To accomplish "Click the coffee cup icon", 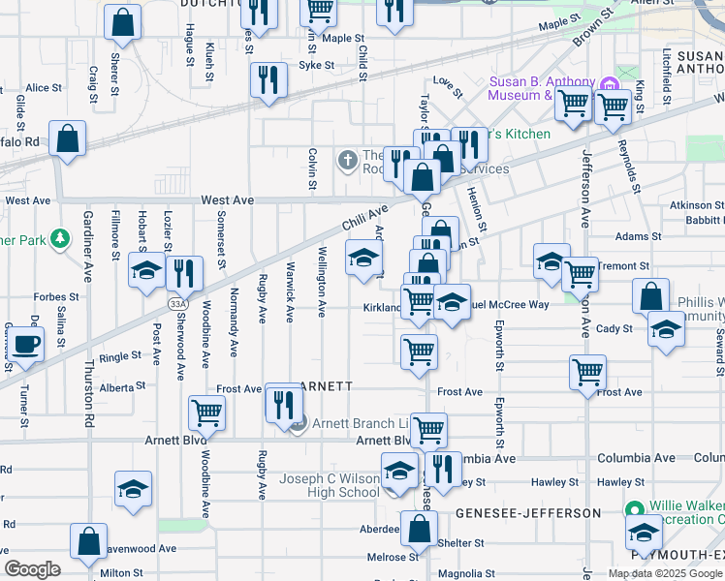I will [25, 342].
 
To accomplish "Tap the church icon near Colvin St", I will [347, 159].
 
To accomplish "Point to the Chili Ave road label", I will [364, 218].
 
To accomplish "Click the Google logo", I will [33, 569].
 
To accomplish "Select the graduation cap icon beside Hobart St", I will [146, 271].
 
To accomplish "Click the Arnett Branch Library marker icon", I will [299, 422].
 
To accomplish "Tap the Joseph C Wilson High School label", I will [330, 485].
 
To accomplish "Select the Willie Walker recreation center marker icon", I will [635, 508].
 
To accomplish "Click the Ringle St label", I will [120, 357].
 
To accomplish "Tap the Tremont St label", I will [622, 265].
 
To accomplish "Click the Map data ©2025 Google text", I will [664, 573].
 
